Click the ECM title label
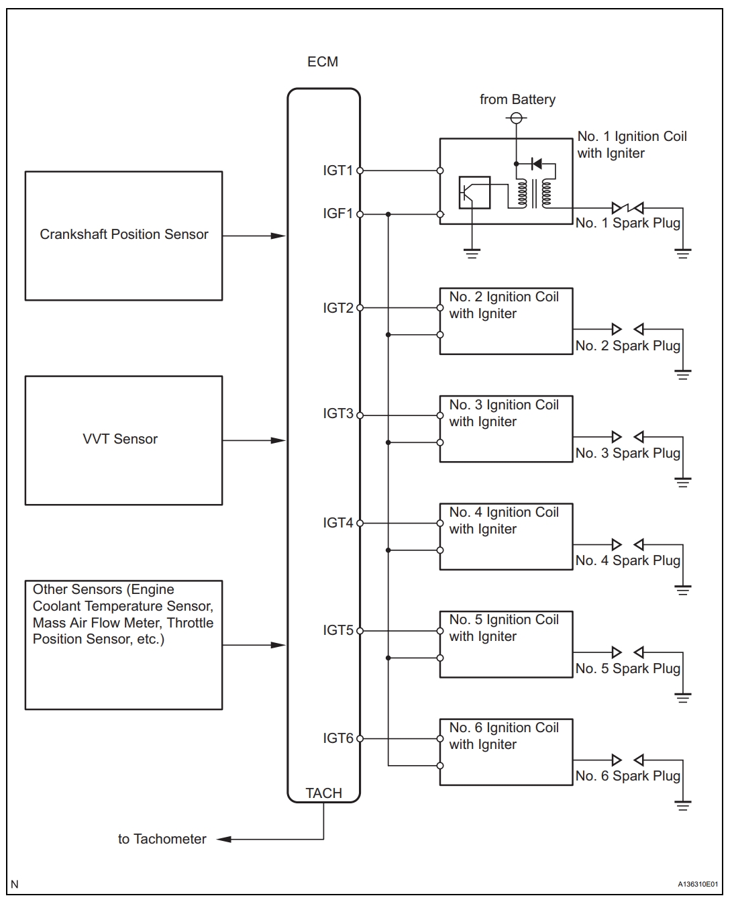pyautogui.click(x=323, y=62)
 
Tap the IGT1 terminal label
pyautogui.click(x=337, y=170)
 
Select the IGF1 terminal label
pyautogui.click(x=337, y=213)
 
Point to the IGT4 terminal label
pyautogui.click(x=337, y=523)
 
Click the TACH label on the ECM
pyautogui.click(x=323, y=793)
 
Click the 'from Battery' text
pyautogui.click(x=517, y=99)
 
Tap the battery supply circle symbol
pyautogui.click(x=516, y=118)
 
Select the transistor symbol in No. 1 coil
pyautogui.click(x=474, y=193)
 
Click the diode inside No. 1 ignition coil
pyautogui.click(x=536, y=163)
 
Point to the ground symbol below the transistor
pyautogui.click(x=472, y=254)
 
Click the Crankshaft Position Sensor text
pyautogui.click(x=124, y=234)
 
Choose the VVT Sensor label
pyautogui.click(x=120, y=439)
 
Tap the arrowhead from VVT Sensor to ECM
pyautogui.click(x=278, y=440)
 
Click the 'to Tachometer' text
pyautogui.click(x=162, y=839)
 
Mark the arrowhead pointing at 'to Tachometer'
pyautogui.click(x=223, y=839)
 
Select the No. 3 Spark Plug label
pyautogui.click(x=627, y=453)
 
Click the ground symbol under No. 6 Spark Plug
pyautogui.click(x=682, y=805)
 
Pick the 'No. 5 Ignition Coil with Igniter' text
pyautogui.click(x=504, y=628)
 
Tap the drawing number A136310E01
pyautogui.click(x=698, y=884)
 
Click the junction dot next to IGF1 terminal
pyautogui.click(x=388, y=214)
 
